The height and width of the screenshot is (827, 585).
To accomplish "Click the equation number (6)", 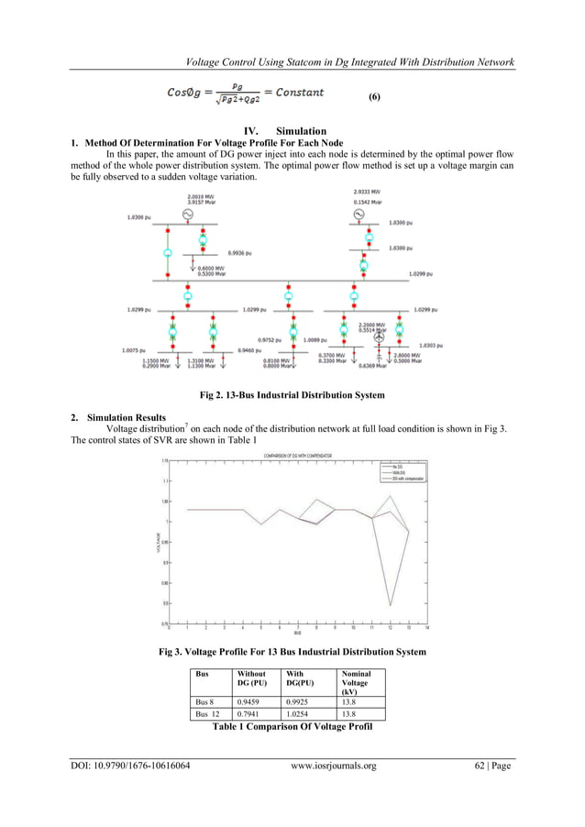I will point(374,97).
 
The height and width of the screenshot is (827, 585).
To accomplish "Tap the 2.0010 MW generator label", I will point(201,196).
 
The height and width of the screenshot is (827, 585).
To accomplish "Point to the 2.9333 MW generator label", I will point(368,191).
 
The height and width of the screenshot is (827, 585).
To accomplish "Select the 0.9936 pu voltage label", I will point(240,251).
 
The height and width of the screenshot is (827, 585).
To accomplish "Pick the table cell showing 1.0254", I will point(303,712).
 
